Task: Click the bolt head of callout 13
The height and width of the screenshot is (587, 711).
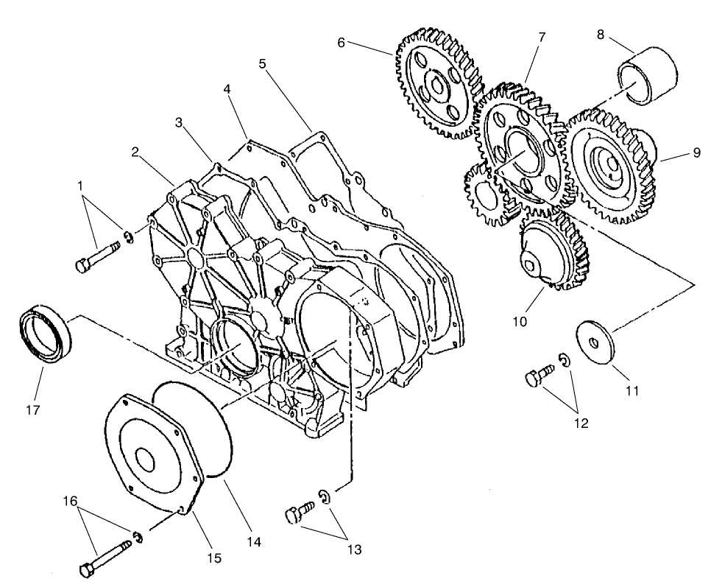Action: pos(292,516)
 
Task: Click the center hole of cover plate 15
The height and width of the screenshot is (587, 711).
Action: pos(144,461)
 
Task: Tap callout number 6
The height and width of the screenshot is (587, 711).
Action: pos(342,43)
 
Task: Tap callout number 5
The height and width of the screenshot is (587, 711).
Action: pos(262,63)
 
